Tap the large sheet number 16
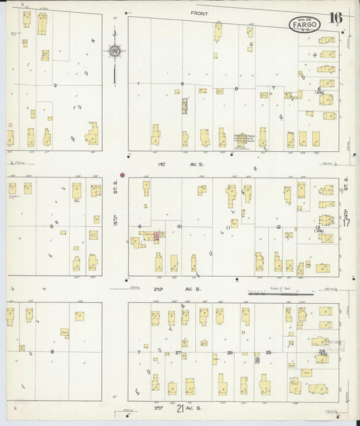[x=335, y=18]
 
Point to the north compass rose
[x=115, y=51]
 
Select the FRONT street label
[x=199, y=14]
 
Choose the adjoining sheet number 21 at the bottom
[x=180, y=409]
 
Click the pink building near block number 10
[x=157, y=236]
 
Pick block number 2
[x=55, y=85]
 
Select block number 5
[x=51, y=226]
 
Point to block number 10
[x=180, y=226]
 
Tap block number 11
[x=228, y=228]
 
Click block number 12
[x=278, y=227]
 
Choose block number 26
[x=230, y=352]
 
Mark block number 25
[x=268, y=352]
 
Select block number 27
[x=178, y=352]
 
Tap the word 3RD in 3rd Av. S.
[x=159, y=409]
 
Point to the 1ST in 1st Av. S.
[x=161, y=164]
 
